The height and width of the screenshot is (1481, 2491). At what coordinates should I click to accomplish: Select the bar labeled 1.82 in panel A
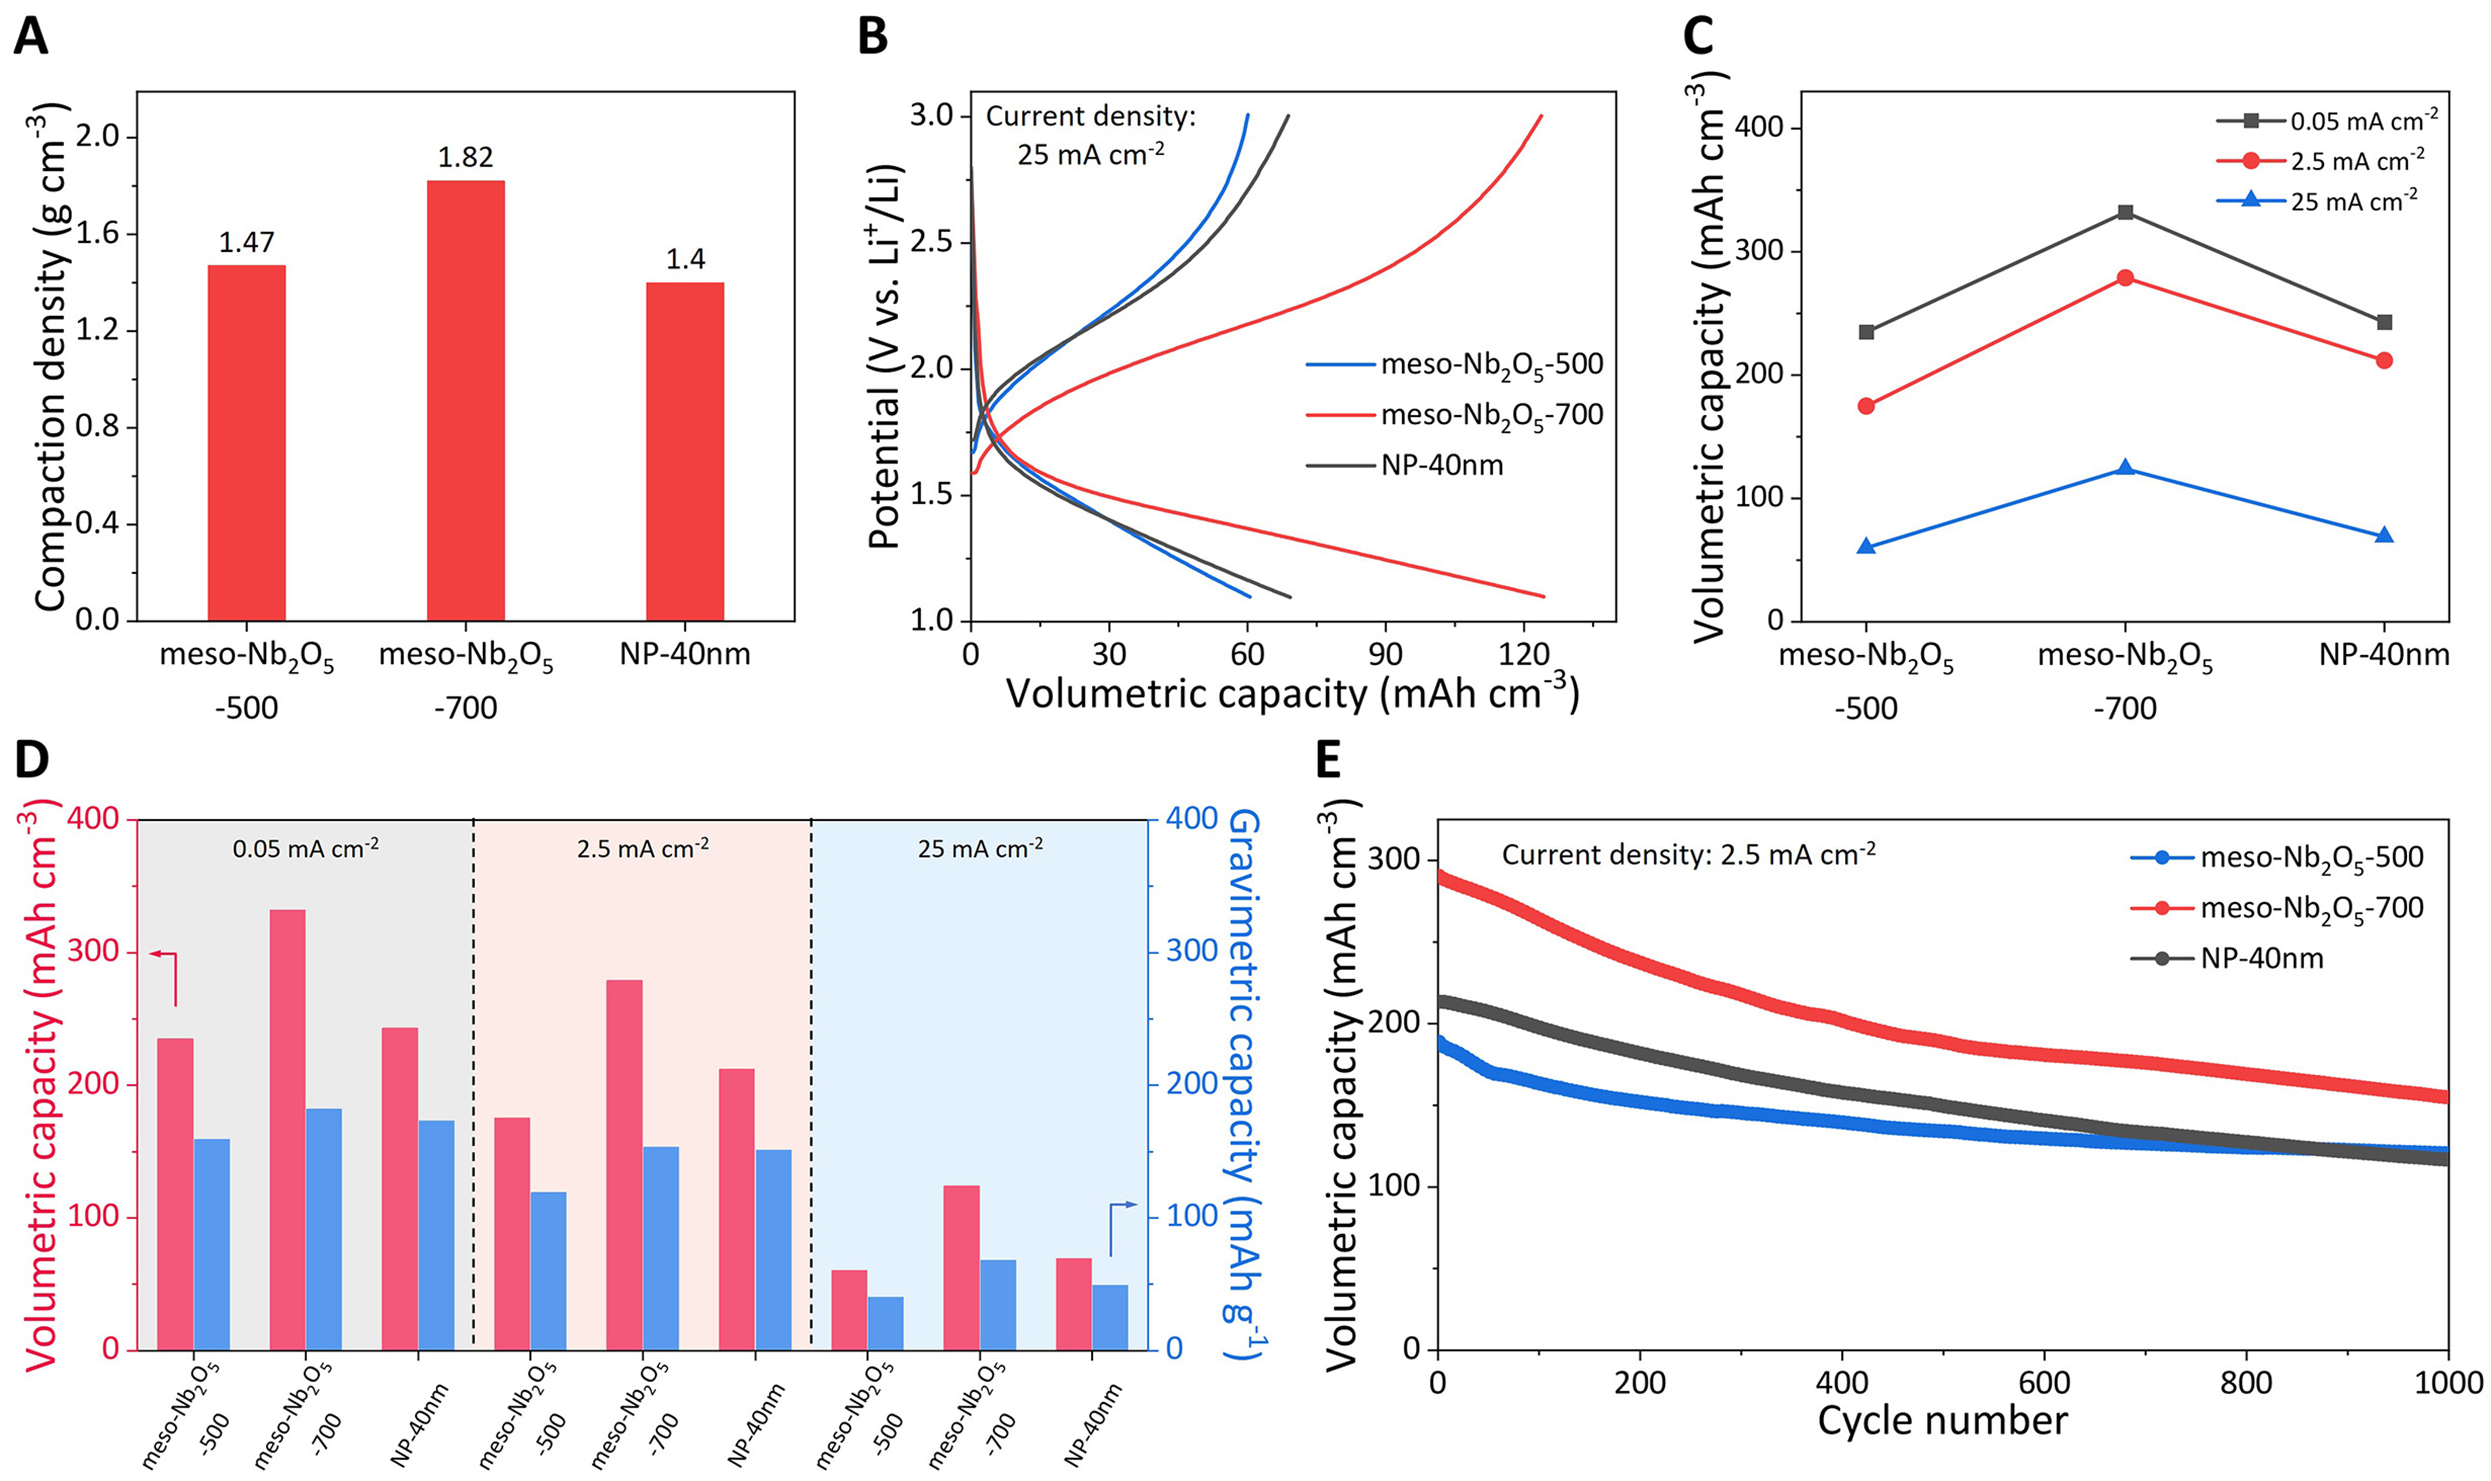[466, 399]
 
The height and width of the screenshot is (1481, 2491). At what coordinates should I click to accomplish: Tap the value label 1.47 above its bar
[247, 242]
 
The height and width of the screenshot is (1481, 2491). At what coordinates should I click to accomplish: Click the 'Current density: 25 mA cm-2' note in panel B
[1091, 135]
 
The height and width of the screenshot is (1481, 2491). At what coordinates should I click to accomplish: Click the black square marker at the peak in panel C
[2125, 213]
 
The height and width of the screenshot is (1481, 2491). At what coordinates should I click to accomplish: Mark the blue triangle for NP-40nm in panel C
[2384, 535]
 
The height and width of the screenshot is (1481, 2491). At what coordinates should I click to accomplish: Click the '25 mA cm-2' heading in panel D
[980, 849]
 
